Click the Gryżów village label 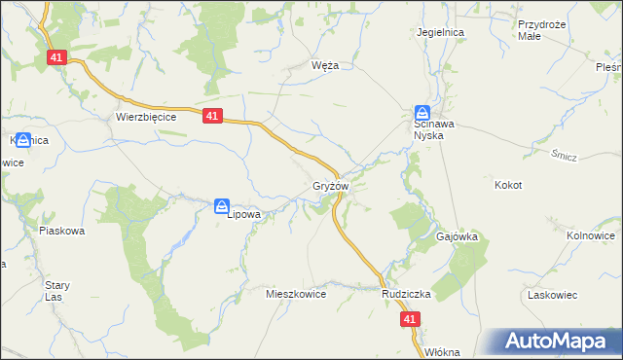click(x=330, y=185)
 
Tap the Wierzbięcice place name click(x=145, y=116)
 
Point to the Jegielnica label click(x=440, y=32)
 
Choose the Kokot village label click(x=508, y=185)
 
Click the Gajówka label click(x=456, y=236)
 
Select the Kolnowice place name click(x=591, y=235)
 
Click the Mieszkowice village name click(x=296, y=293)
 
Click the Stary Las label click(x=56, y=291)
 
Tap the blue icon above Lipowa click(x=222, y=204)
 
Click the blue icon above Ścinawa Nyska click(x=422, y=112)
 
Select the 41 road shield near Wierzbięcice click(x=214, y=116)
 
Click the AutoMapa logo click(x=558, y=341)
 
